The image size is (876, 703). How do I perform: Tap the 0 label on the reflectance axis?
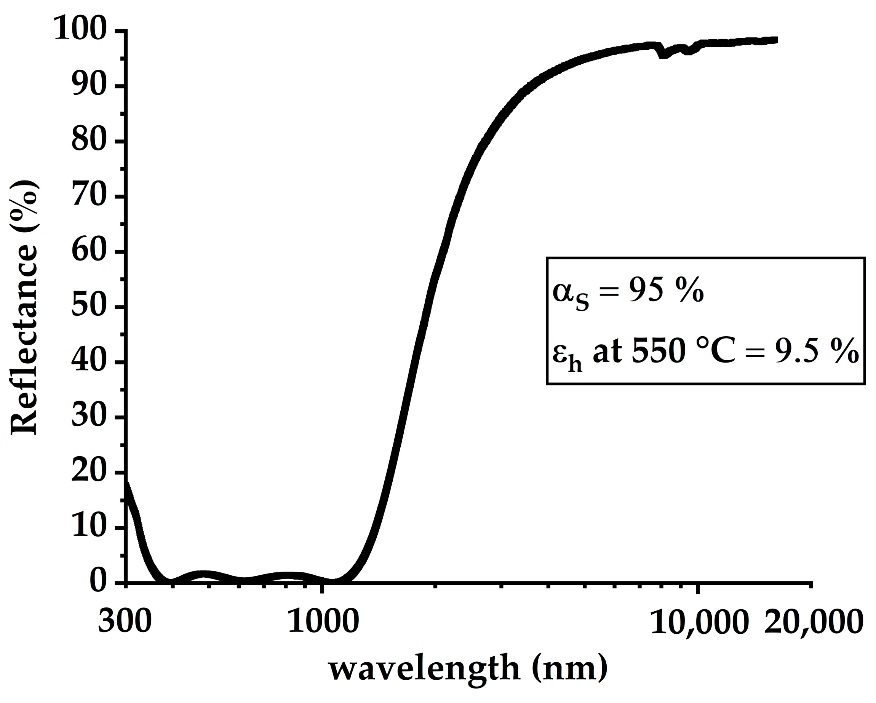point(98,582)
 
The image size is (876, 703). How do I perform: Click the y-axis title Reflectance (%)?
point(24,309)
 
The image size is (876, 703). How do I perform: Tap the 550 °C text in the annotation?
point(683,351)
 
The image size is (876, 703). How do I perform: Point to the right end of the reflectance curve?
point(775,40)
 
